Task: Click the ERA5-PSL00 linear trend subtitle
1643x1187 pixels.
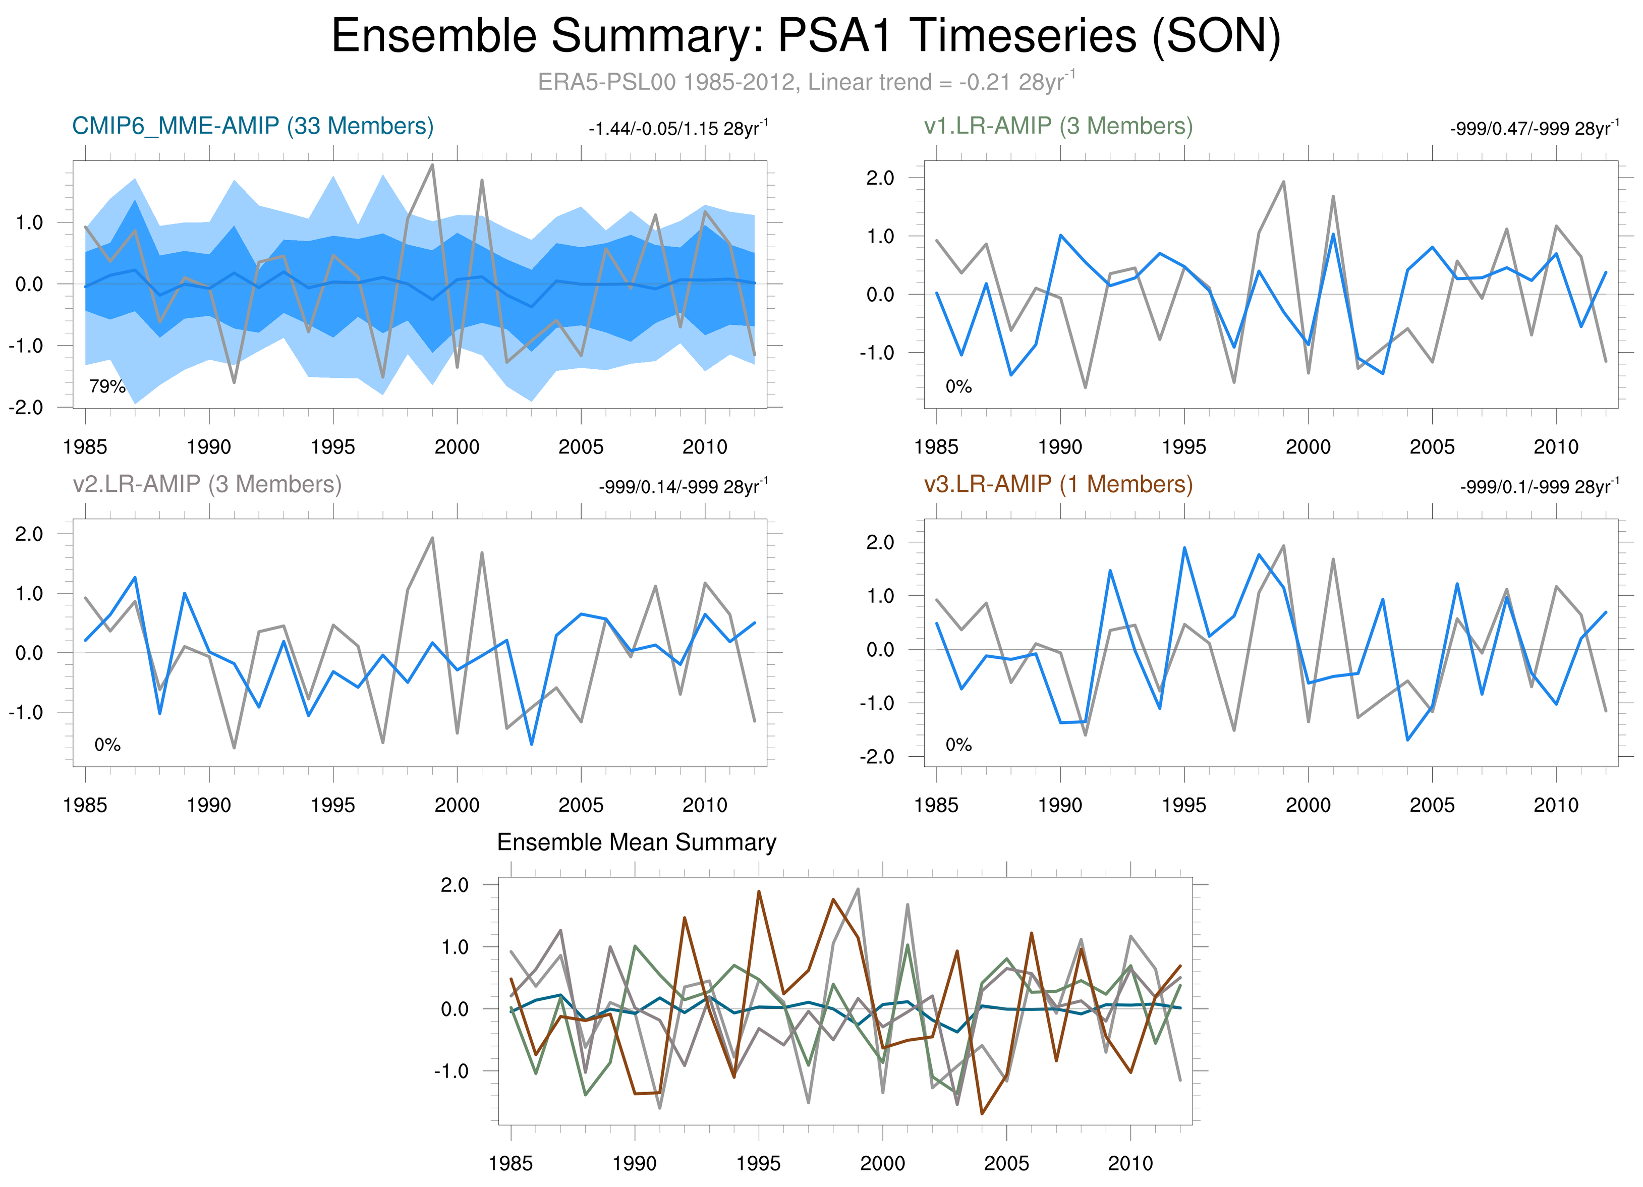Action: coord(806,82)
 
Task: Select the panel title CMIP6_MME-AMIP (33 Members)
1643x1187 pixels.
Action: coord(253,126)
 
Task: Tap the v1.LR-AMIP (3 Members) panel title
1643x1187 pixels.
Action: coord(1058,126)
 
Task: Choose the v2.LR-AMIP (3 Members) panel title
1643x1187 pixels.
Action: coord(207,484)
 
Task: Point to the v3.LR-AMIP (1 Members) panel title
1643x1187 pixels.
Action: coord(1058,484)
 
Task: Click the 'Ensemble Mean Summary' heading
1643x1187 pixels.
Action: coord(636,842)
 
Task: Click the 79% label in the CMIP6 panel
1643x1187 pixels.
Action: coord(107,387)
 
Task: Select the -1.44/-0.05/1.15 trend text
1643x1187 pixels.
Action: coord(678,129)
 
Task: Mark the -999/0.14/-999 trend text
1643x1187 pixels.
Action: coord(683,487)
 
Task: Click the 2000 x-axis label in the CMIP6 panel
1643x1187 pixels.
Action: coord(457,447)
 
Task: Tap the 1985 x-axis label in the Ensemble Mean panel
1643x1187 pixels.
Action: coord(511,1163)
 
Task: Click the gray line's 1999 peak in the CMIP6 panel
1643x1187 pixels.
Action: coord(432,164)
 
